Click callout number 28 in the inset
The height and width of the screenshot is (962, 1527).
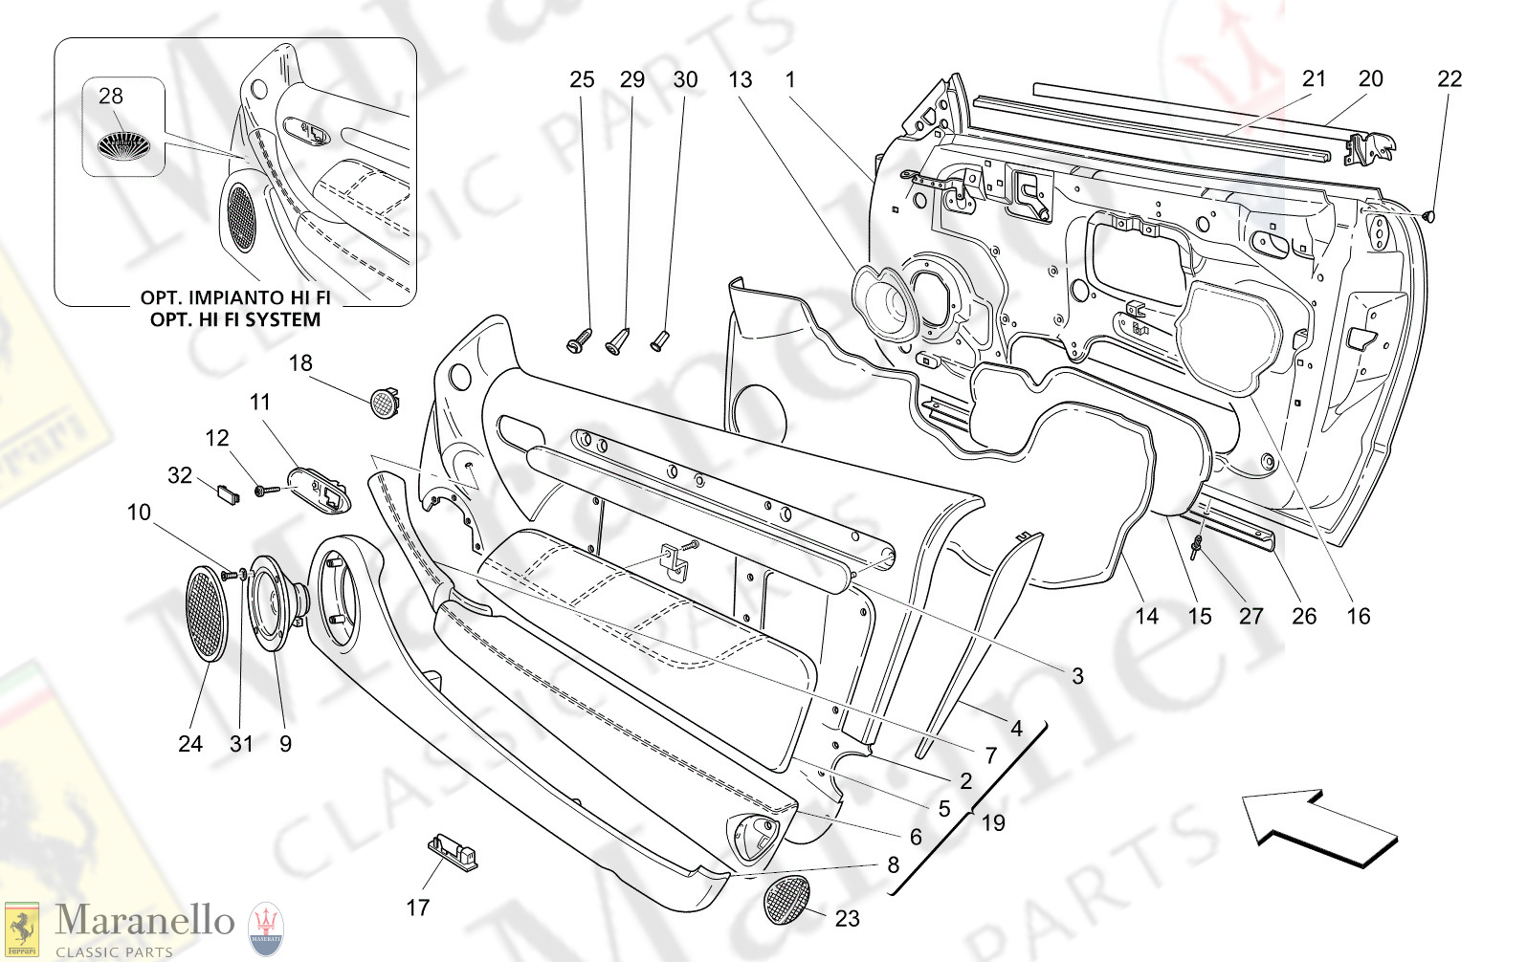(111, 96)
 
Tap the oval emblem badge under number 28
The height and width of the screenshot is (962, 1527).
(123, 144)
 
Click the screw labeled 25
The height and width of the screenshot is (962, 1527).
(580, 341)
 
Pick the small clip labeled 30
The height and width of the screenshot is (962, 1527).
(660, 339)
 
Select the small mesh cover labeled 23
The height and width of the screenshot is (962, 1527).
(786, 898)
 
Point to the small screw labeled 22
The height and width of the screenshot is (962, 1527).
(1430, 216)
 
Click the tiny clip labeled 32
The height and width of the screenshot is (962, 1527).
(228, 493)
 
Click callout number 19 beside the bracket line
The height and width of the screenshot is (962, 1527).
(993, 822)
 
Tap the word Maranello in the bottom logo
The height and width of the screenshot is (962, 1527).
(144, 921)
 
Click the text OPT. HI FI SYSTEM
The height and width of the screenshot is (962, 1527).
(235, 319)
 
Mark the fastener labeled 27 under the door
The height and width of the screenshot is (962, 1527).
(1197, 548)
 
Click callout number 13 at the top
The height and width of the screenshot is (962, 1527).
(741, 79)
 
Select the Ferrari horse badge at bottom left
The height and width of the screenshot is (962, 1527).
(21, 929)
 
